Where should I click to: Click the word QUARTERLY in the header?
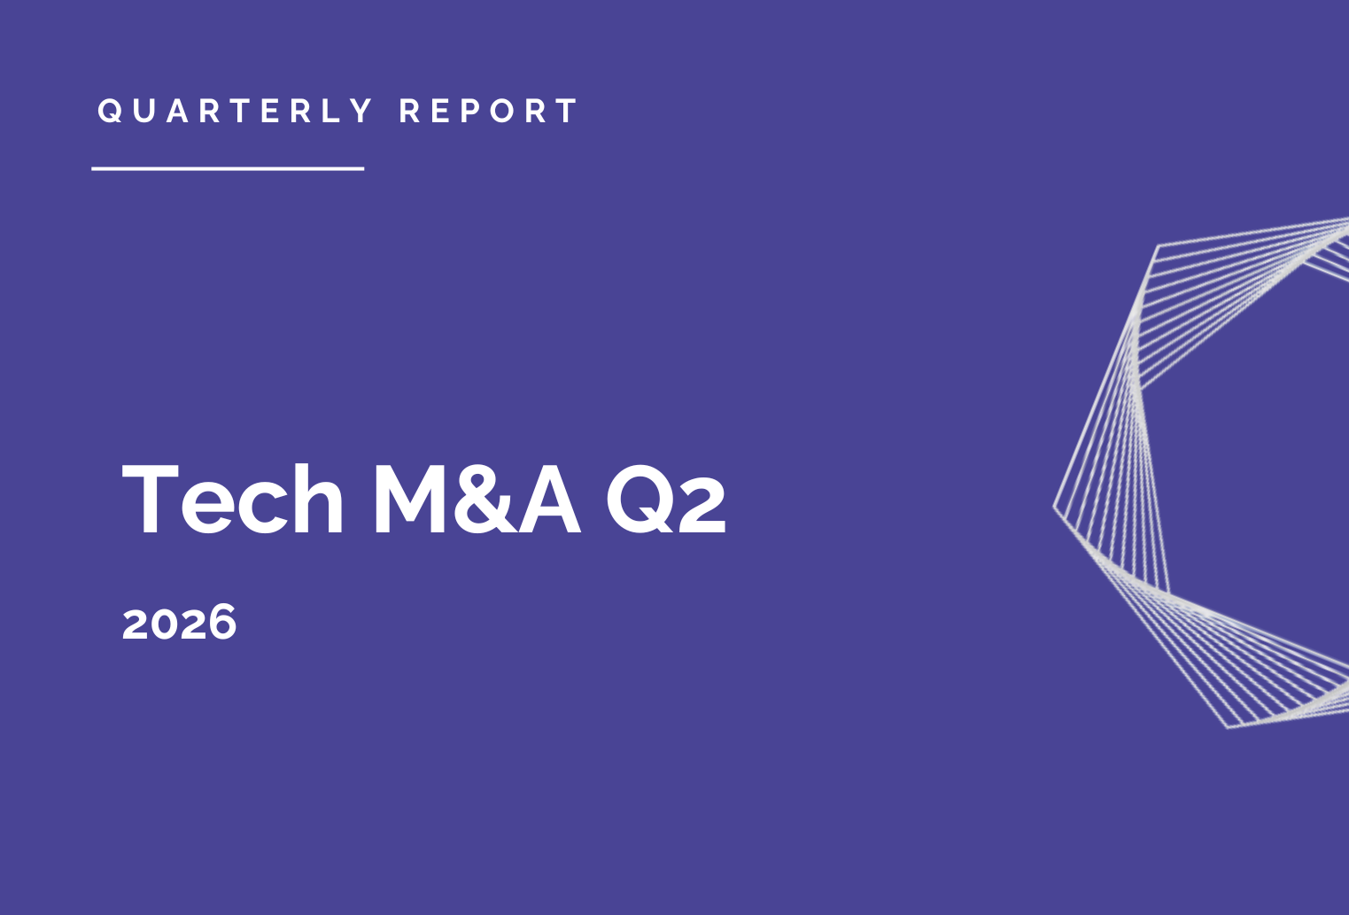click(x=235, y=111)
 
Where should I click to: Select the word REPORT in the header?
click(x=488, y=111)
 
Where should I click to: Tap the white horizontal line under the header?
click(x=228, y=168)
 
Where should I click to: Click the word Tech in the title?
click(x=232, y=499)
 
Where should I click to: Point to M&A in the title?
click(x=477, y=499)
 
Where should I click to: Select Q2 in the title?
click(x=666, y=500)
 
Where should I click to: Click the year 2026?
click(x=180, y=623)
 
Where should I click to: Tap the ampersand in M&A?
click(x=485, y=499)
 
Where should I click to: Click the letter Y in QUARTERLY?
click(x=361, y=111)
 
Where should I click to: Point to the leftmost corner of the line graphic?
click(x=1054, y=506)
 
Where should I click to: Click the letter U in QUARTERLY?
click(x=144, y=111)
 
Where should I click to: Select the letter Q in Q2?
click(x=640, y=500)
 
